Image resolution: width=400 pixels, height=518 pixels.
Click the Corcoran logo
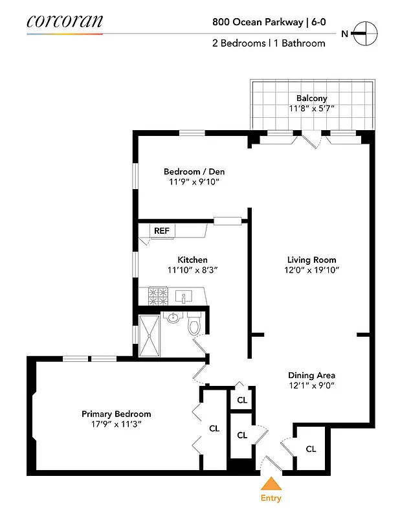coord(64,21)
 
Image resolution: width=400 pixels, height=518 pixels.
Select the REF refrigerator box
coord(161,230)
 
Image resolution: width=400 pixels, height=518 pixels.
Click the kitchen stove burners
coord(159,296)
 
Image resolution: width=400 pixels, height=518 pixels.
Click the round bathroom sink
coord(172,317)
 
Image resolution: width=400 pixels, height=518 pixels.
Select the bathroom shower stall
coord(151,335)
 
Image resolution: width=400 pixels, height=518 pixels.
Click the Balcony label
coord(312,98)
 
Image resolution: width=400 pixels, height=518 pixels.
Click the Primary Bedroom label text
coord(117,414)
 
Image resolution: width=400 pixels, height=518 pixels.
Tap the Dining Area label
coord(311,375)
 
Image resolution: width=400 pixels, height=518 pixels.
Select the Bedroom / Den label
coord(194,172)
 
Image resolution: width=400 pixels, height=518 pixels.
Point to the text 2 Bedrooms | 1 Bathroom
coord(269,43)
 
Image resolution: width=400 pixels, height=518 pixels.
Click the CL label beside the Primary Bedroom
coord(214,428)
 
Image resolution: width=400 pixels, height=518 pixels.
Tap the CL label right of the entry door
coord(311,449)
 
